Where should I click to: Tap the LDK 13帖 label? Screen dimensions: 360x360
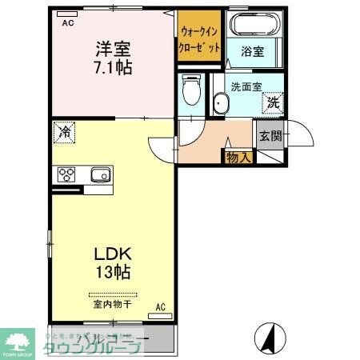(111, 262)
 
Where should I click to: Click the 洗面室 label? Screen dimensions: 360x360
(246, 86)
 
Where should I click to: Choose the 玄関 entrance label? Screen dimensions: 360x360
(270, 135)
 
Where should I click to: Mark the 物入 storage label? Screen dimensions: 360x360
(238, 156)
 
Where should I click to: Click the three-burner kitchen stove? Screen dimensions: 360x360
(66, 176)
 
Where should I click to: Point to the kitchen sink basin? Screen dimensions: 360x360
(100, 176)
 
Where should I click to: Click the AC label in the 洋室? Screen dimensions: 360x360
(69, 22)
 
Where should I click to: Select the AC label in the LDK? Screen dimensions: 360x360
(160, 306)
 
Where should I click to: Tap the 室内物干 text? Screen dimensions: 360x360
(112, 305)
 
